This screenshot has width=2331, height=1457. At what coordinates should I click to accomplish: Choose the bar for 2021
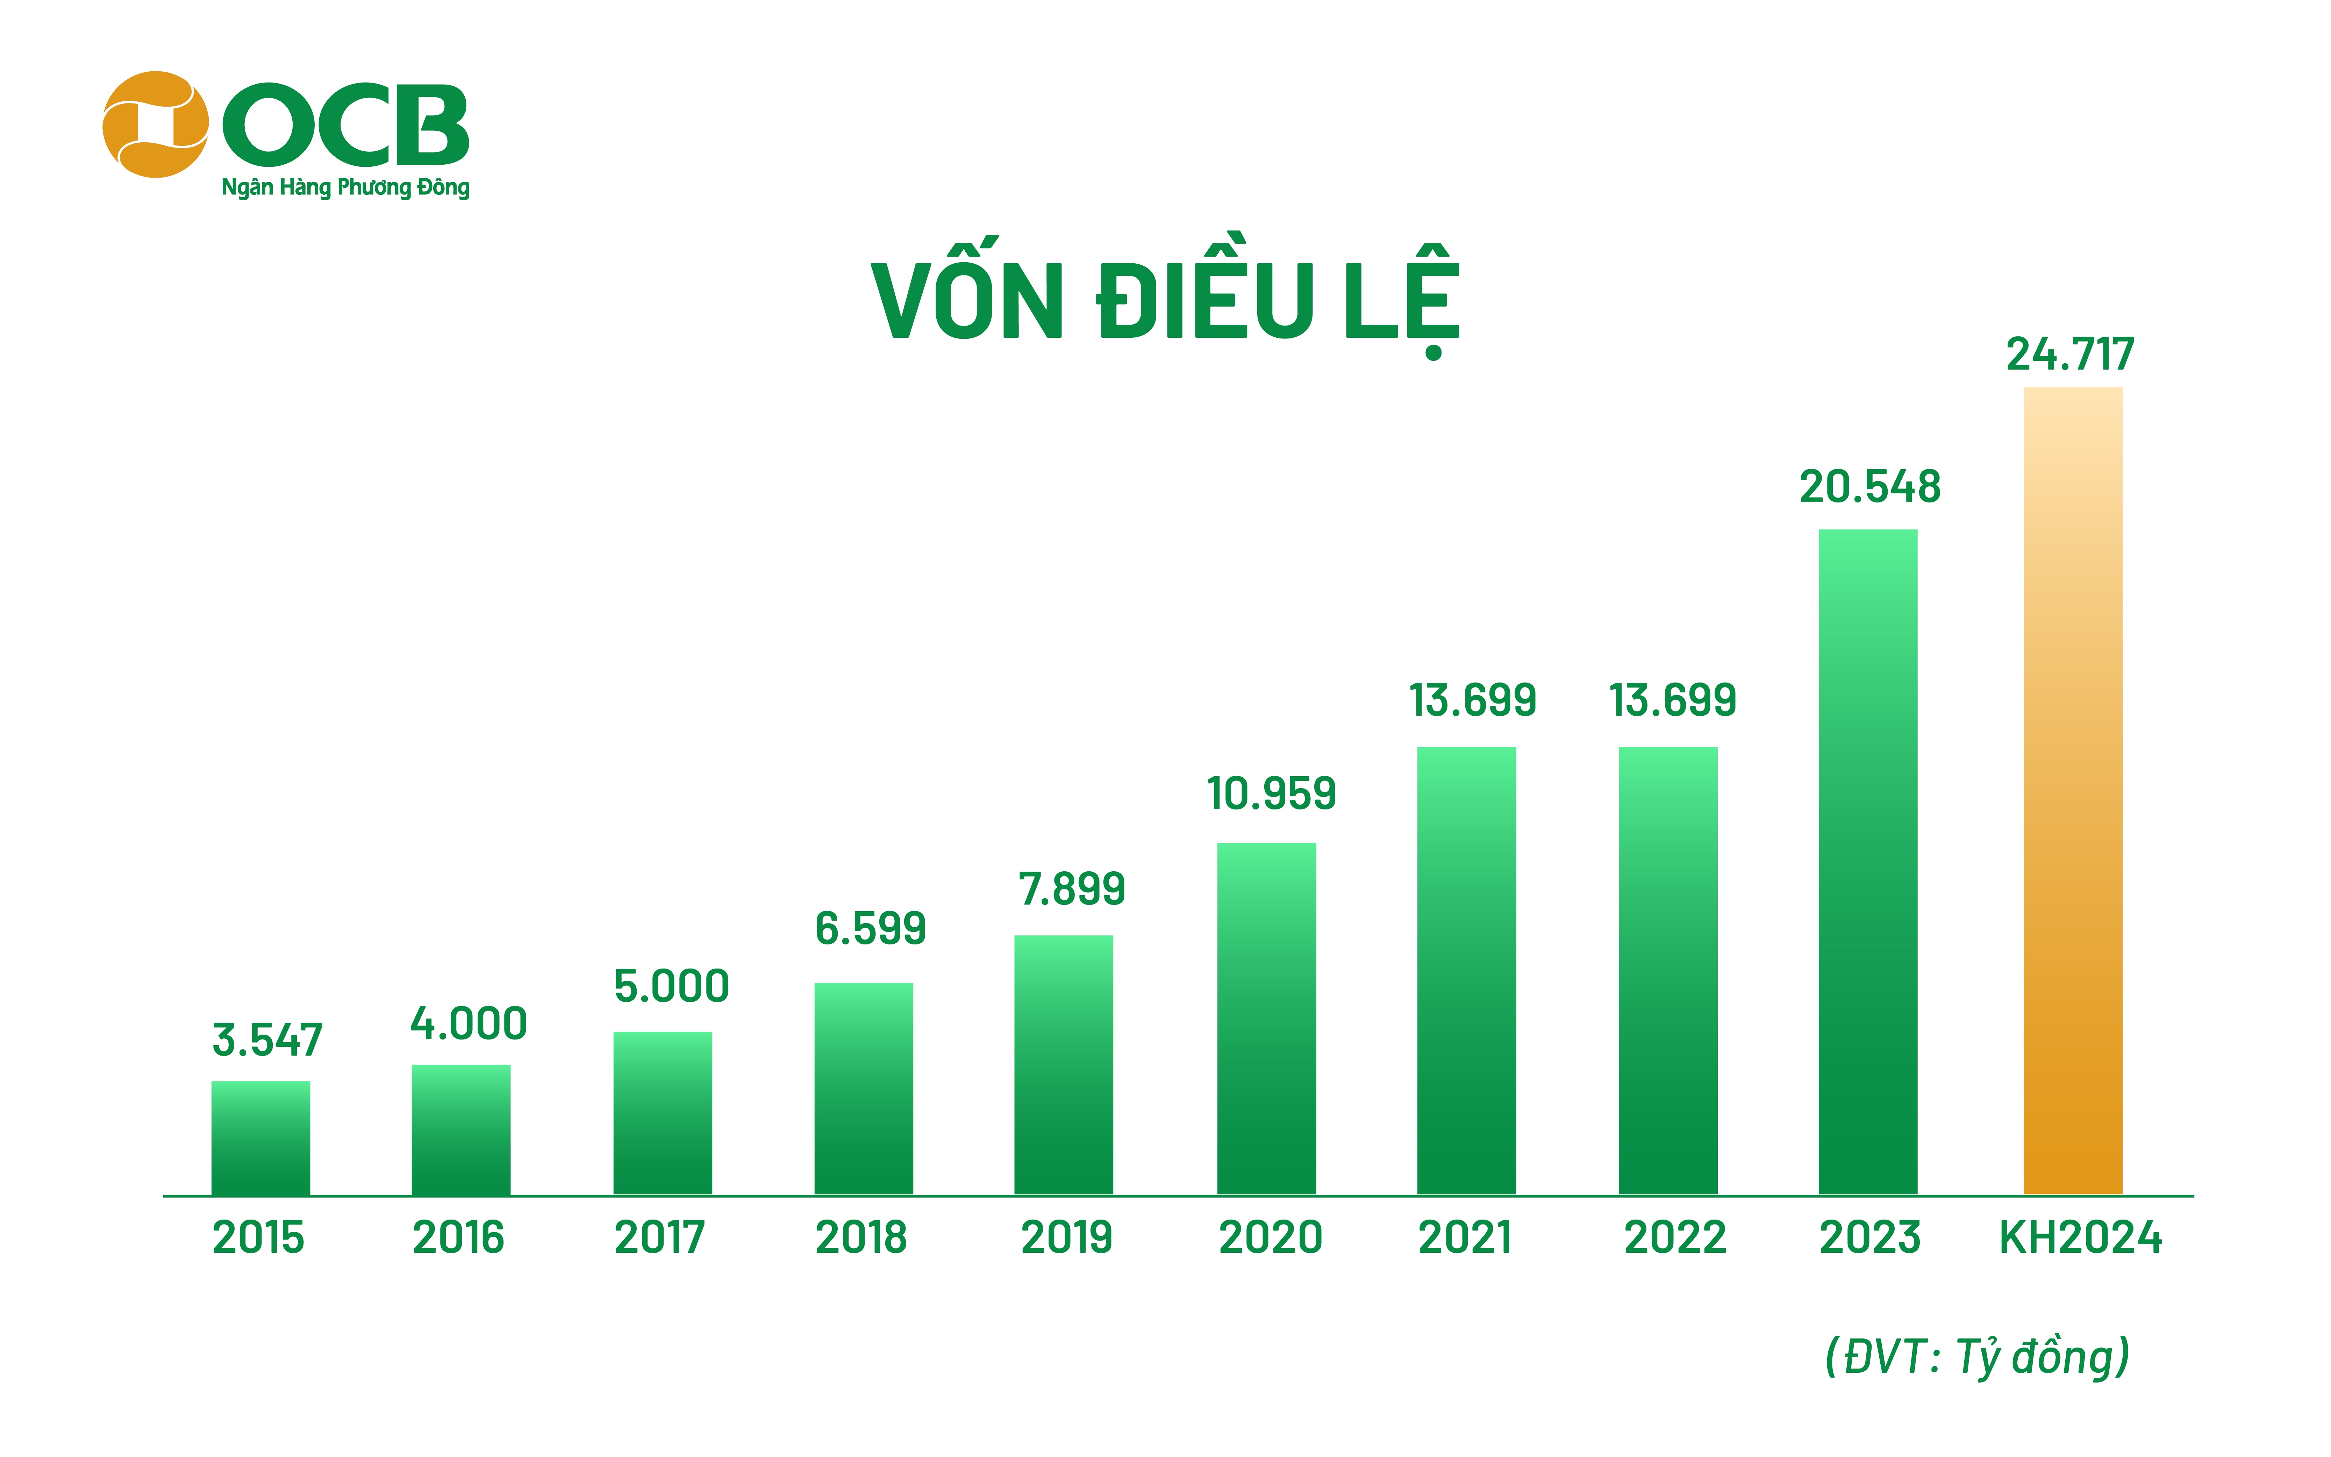click(1466, 970)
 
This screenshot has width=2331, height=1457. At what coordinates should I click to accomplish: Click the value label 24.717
click(2070, 355)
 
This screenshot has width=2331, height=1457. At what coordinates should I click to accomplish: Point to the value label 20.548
click(1869, 487)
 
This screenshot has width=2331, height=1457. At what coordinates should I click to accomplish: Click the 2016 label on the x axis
click(459, 1237)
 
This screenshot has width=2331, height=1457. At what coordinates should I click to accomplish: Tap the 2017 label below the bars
click(660, 1237)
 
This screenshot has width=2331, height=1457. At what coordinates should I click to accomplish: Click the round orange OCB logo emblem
click(155, 124)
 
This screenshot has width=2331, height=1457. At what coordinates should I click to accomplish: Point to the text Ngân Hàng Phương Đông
click(345, 187)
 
